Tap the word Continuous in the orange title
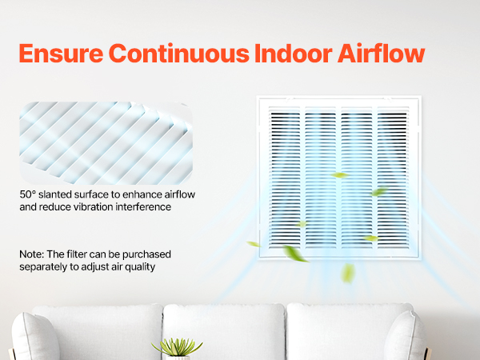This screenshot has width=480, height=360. [179, 54]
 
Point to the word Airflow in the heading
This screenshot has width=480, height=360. [381, 54]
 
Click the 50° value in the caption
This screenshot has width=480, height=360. [28, 194]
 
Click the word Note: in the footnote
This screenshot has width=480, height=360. [32, 254]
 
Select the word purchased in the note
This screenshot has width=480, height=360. [146, 254]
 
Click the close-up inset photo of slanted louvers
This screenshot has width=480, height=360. [106, 143]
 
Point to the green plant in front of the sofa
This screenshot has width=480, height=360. [178, 347]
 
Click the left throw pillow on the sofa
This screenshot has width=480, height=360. [34, 337]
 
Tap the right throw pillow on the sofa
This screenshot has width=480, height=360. [405, 336]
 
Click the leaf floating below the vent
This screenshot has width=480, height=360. [348, 273]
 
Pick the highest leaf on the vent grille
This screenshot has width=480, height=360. [340, 175]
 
